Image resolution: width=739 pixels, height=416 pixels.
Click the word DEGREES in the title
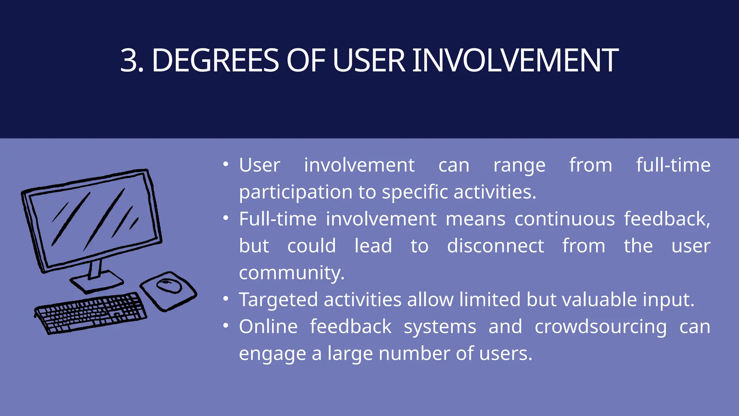pyautogui.click(x=215, y=60)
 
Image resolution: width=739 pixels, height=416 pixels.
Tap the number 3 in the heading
pyautogui.click(x=130, y=60)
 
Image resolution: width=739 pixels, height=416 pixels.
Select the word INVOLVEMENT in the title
pyautogui.click(x=515, y=60)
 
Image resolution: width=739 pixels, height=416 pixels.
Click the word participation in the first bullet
pyautogui.click(x=295, y=192)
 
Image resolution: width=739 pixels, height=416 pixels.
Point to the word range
pyautogui.click(x=519, y=166)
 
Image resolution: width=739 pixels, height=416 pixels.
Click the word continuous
pyautogui.click(x=564, y=219)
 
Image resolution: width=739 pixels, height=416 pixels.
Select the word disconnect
pyautogui.click(x=495, y=246)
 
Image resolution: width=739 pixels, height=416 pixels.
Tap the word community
pyautogui.click(x=291, y=273)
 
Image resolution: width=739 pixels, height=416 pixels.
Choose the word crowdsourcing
pyautogui.click(x=600, y=327)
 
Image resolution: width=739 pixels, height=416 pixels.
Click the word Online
pyautogui.click(x=268, y=326)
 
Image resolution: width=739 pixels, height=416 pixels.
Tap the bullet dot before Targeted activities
pyautogui.click(x=226, y=299)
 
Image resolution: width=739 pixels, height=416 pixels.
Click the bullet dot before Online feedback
pyautogui.click(x=226, y=326)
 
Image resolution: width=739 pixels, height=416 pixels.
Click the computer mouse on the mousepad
pyautogui.click(x=169, y=286)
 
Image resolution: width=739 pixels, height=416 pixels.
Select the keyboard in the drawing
pyautogui.click(x=90, y=312)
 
